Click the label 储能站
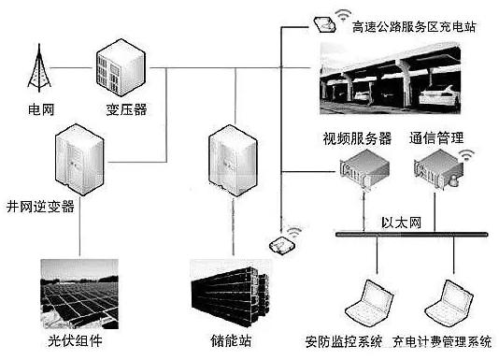[x=231, y=341]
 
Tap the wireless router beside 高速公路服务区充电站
[x=326, y=22]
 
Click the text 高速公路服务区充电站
[x=414, y=27]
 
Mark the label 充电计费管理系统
[x=443, y=341]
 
